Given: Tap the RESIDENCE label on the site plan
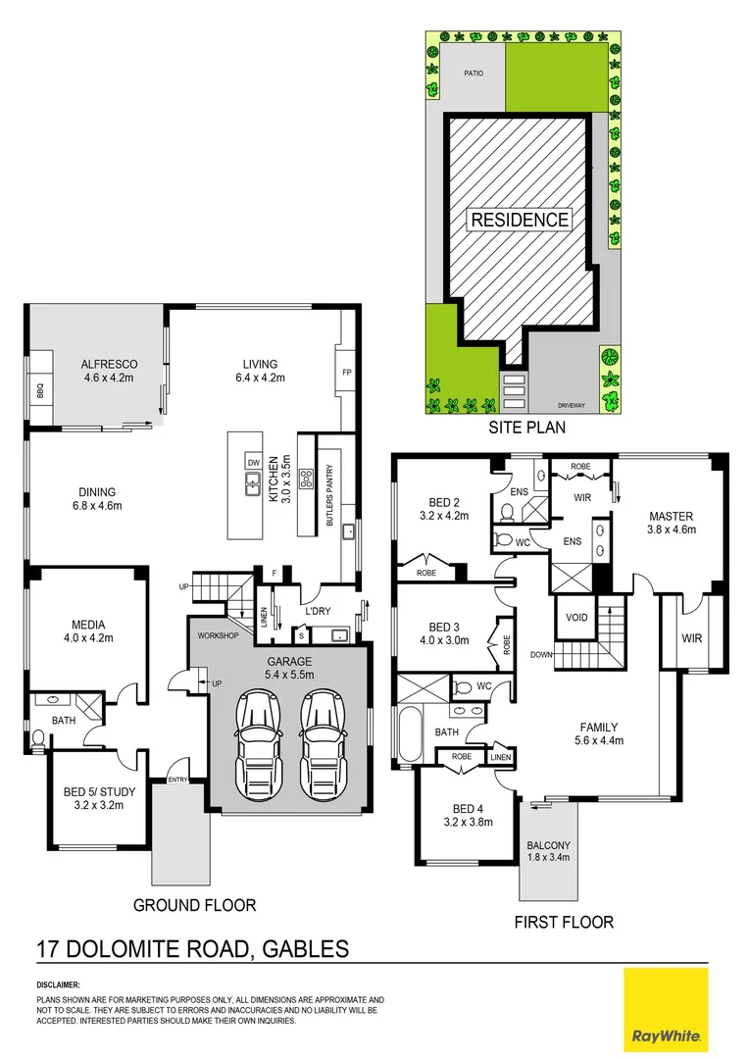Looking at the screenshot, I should tap(520, 220).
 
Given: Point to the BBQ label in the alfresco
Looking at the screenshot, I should tap(40, 386).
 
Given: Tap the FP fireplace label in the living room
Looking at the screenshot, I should tap(346, 374).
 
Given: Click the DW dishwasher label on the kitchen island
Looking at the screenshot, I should tap(253, 462).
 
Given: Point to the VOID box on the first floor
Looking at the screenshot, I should tap(574, 619).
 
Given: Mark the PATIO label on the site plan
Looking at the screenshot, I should tap(473, 73).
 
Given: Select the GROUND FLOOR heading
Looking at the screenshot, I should tap(194, 905).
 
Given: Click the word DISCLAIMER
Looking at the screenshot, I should tap(58, 983).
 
